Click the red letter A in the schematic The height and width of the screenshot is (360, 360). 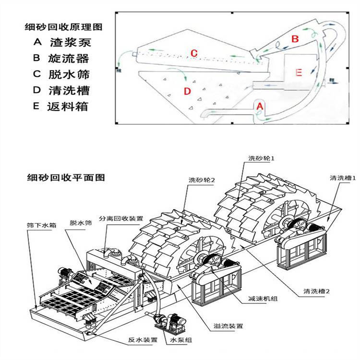[260, 105]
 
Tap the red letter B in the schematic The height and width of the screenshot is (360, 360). [295, 38]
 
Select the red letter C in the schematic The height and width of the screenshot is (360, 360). [194, 53]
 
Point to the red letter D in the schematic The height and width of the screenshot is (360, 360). [187, 91]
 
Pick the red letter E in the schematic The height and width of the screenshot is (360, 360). [298, 72]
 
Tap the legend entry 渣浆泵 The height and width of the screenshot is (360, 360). [70, 42]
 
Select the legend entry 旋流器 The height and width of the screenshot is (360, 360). [70, 58]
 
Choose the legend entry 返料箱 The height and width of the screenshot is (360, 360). [70, 107]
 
